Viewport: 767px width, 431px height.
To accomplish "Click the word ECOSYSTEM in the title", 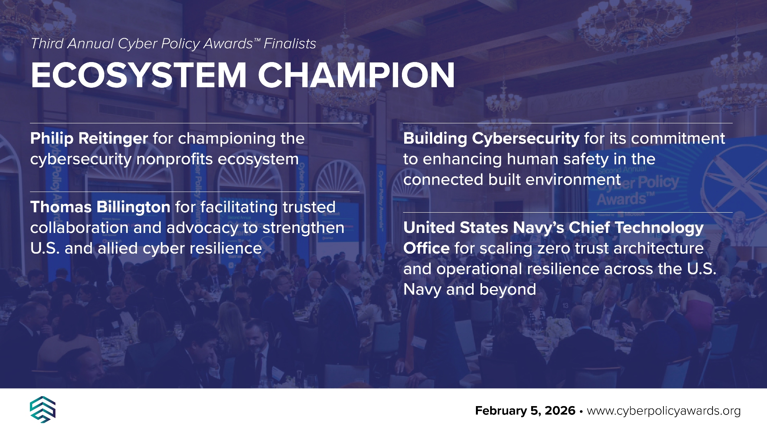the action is (x=138, y=75).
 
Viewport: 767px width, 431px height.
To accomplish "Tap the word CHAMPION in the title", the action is (x=356, y=75).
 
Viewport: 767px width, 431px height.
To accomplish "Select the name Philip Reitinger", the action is (x=89, y=139).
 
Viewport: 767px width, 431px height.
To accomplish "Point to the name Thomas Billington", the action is (x=100, y=207).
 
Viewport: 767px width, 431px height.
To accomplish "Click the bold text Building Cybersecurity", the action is (x=491, y=139).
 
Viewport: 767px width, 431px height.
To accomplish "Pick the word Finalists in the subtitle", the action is (x=290, y=44).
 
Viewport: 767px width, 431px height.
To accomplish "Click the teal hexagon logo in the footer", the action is (x=43, y=410).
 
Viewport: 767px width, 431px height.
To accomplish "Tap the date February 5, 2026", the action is (x=525, y=411).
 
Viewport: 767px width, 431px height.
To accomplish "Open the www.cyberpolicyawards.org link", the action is (x=663, y=411).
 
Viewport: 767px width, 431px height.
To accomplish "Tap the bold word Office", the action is (x=426, y=248).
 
